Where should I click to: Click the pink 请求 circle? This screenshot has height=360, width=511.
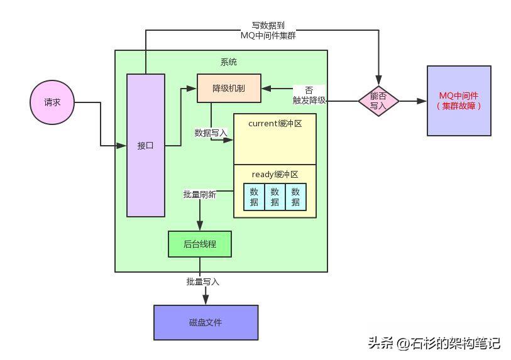point(52,103)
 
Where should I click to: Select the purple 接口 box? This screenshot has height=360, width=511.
point(146,145)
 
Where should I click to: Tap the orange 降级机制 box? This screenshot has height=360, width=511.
point(229,89)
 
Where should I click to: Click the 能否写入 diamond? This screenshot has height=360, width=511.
point(378,101)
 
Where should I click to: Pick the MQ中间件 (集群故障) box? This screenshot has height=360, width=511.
point(459,101)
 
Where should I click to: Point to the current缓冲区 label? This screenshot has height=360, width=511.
point(275,123)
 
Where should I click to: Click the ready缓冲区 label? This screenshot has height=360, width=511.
point(275,174)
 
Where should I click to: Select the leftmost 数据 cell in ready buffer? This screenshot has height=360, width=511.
point(254,197)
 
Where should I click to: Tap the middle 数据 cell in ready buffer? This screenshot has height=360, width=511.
point(275,197)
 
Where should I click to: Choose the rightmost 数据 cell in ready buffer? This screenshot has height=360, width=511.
point(295,197)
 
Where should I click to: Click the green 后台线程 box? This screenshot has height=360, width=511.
point(200,244)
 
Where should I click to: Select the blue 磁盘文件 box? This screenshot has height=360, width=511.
point(206,322)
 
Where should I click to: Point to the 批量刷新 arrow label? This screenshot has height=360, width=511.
point(199,195)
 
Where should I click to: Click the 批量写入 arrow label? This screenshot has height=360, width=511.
point(202,281)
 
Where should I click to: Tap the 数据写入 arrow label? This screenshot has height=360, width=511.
point(211,133)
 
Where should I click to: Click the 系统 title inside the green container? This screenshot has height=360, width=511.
point(229,62)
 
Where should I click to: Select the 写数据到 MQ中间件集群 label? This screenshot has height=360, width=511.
point(268,31)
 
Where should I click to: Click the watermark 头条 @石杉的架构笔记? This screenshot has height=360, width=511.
point(434,343)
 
